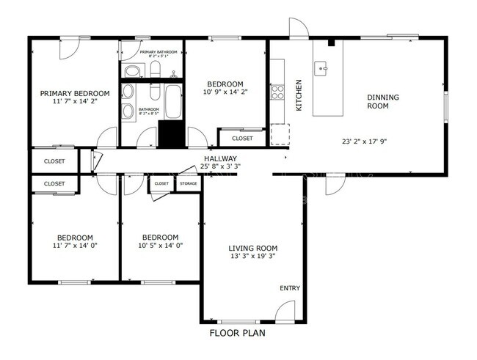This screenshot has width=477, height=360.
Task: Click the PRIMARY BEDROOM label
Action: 74,94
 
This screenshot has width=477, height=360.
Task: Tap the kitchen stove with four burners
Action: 278,92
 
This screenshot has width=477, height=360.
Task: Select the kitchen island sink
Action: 321,69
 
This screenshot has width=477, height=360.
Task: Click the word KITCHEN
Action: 299,95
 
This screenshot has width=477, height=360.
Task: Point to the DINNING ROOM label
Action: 383,102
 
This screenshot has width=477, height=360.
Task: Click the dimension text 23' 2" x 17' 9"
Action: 368,142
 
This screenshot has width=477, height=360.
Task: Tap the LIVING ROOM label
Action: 252,249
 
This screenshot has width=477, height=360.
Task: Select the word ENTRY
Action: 290,288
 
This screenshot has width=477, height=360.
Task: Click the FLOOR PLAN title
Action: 237,333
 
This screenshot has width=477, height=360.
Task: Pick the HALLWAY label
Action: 220,158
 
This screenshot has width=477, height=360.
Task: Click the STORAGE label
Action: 188,183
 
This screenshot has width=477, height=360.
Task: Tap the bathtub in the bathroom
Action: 174,102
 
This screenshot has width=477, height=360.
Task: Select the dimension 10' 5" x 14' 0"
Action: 160,246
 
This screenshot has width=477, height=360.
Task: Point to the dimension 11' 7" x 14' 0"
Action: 76,246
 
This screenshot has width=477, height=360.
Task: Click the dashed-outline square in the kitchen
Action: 280,134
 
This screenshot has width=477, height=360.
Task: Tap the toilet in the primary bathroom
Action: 133,71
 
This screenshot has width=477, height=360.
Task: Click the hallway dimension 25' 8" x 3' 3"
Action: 220,166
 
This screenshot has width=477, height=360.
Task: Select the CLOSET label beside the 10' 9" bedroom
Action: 241,138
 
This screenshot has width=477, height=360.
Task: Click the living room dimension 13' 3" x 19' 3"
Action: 252,257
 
